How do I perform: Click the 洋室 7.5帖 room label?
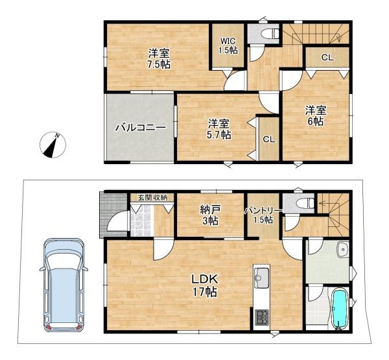(x=158, y=58)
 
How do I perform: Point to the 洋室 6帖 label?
(x=316, y=115)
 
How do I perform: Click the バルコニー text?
(x=137, y=128)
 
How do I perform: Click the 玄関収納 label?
(x=152, y=197)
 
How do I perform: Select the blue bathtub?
(x=340, y=310)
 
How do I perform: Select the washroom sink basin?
(x=342, y=250)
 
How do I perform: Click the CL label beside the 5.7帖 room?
(x=268, y=139)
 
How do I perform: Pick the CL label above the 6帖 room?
(x=327, y=58)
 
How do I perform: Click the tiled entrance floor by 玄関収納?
(x=141, y=222)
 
